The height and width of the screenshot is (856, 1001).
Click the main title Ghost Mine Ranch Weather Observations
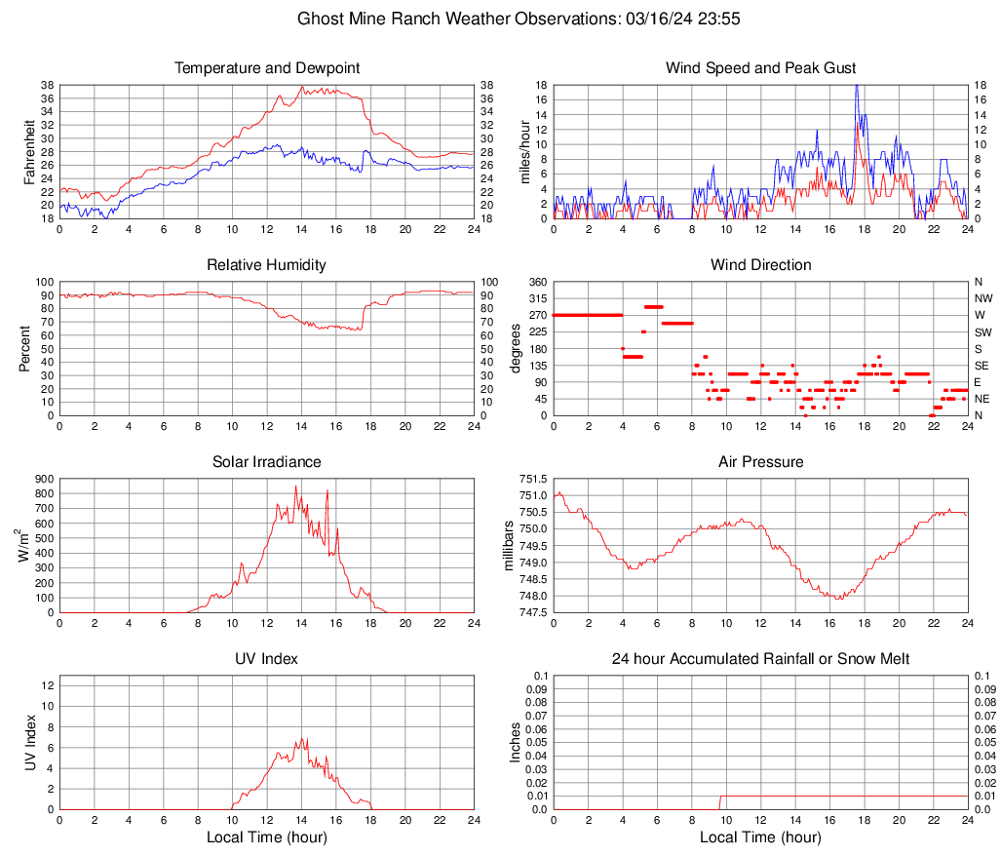click(500, 19)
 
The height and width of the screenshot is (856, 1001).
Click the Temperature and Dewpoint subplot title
click(266, 68)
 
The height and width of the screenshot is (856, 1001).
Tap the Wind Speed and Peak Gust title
click(760, 68)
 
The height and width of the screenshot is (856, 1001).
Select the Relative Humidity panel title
click(266, 265)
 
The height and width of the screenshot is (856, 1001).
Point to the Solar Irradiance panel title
click(266, 462)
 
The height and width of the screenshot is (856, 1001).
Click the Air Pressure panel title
click(760, 462)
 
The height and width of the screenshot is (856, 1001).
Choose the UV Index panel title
click(266, 659)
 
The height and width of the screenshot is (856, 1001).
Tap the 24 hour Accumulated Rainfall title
click(760, 659)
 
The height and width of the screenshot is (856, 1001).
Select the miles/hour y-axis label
click(524, 151)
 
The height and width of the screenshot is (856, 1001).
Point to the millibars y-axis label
click(507, 545)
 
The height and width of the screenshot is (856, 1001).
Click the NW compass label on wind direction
click(983, 298)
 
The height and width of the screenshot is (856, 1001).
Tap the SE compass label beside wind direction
click(982, 366)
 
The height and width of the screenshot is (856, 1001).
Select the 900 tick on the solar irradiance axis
click(43, 479)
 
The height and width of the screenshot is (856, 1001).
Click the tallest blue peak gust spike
click(856, 86)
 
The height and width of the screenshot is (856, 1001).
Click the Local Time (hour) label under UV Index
click(266, 837)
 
